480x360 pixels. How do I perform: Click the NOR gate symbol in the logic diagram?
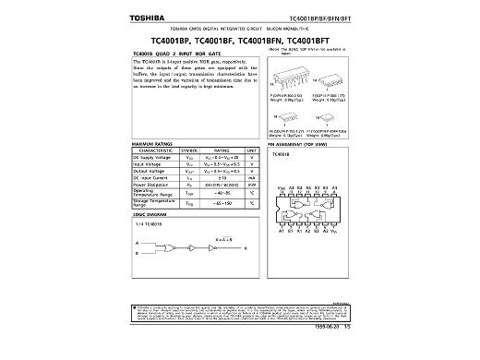pyautogui.click(x=174, y=248)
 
